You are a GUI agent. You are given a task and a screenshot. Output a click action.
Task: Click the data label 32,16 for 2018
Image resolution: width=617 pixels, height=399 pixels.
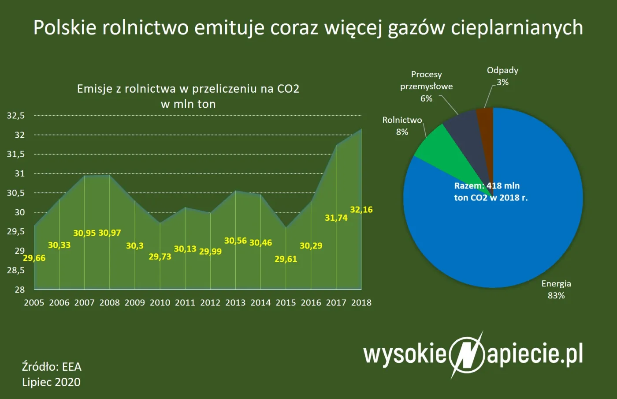pos(361,210)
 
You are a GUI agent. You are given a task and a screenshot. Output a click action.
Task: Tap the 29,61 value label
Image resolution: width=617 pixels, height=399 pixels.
pos(286,259)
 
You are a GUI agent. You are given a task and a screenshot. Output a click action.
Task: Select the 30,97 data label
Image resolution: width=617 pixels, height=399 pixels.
pos(110,233)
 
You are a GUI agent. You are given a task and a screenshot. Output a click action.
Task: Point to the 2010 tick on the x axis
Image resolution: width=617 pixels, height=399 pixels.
pos(160,303)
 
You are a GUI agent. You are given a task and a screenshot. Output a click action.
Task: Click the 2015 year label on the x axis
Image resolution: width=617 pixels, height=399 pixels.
pos(286,303)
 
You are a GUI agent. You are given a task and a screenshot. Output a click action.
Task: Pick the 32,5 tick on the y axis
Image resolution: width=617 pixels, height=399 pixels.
pos(16,116)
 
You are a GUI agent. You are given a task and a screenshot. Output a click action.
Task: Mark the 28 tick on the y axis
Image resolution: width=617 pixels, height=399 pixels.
pos(20,290)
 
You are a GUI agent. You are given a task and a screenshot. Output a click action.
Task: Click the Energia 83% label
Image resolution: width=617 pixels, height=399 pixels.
pos(556,290)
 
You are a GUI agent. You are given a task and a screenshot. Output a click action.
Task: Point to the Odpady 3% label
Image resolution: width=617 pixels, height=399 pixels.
pos(502,76)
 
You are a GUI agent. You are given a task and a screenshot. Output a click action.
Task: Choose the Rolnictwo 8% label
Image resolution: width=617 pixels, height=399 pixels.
pos(402,126)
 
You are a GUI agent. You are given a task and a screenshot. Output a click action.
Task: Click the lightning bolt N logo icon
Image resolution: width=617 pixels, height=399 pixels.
pos(467,354)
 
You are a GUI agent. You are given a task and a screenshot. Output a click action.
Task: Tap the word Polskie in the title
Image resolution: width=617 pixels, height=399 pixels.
pos(65,27)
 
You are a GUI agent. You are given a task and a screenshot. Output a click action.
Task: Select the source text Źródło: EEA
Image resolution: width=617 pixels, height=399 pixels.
pos(52,367)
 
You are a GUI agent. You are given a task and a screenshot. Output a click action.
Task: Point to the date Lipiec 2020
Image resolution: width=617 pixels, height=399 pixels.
pos(51,382)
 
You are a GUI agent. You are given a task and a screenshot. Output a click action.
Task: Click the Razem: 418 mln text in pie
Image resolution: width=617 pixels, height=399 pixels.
pos(487,186)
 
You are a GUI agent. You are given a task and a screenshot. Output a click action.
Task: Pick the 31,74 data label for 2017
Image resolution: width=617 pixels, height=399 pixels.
pos(336,218)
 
